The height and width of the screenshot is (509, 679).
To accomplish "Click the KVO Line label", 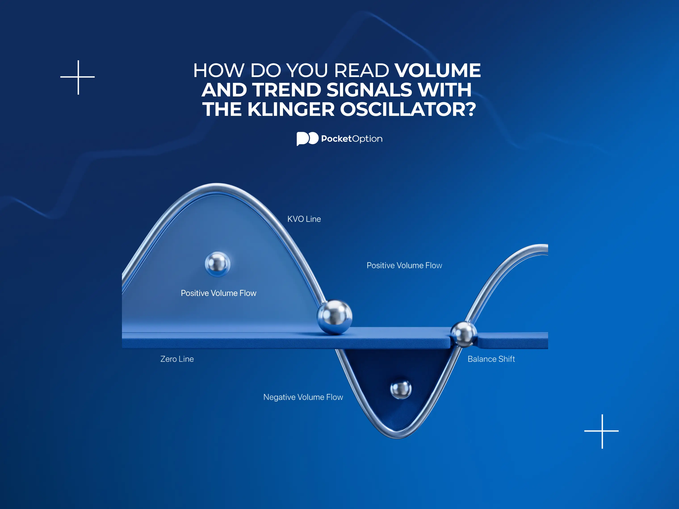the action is [x=304, y=219].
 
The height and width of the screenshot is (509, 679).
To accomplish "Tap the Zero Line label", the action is [x=177, y=359].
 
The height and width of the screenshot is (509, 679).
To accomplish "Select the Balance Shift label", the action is [x=491, y=359].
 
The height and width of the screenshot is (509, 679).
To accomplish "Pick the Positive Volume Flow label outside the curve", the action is [x=404, y=265].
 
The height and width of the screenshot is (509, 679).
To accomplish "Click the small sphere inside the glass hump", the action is [x=217, y=264].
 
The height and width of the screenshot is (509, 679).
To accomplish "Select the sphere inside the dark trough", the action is [x=401, y=389].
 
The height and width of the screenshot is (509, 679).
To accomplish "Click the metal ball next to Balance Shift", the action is [x=463, y=334].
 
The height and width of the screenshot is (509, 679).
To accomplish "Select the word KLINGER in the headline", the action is [x=291, y=109].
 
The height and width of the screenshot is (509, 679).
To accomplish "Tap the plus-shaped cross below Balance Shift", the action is [x=602, y=431].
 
